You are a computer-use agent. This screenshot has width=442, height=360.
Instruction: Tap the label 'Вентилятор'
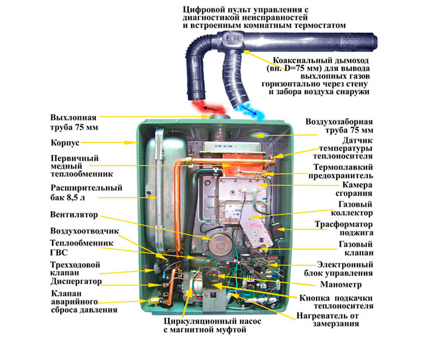click(75, 215)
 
